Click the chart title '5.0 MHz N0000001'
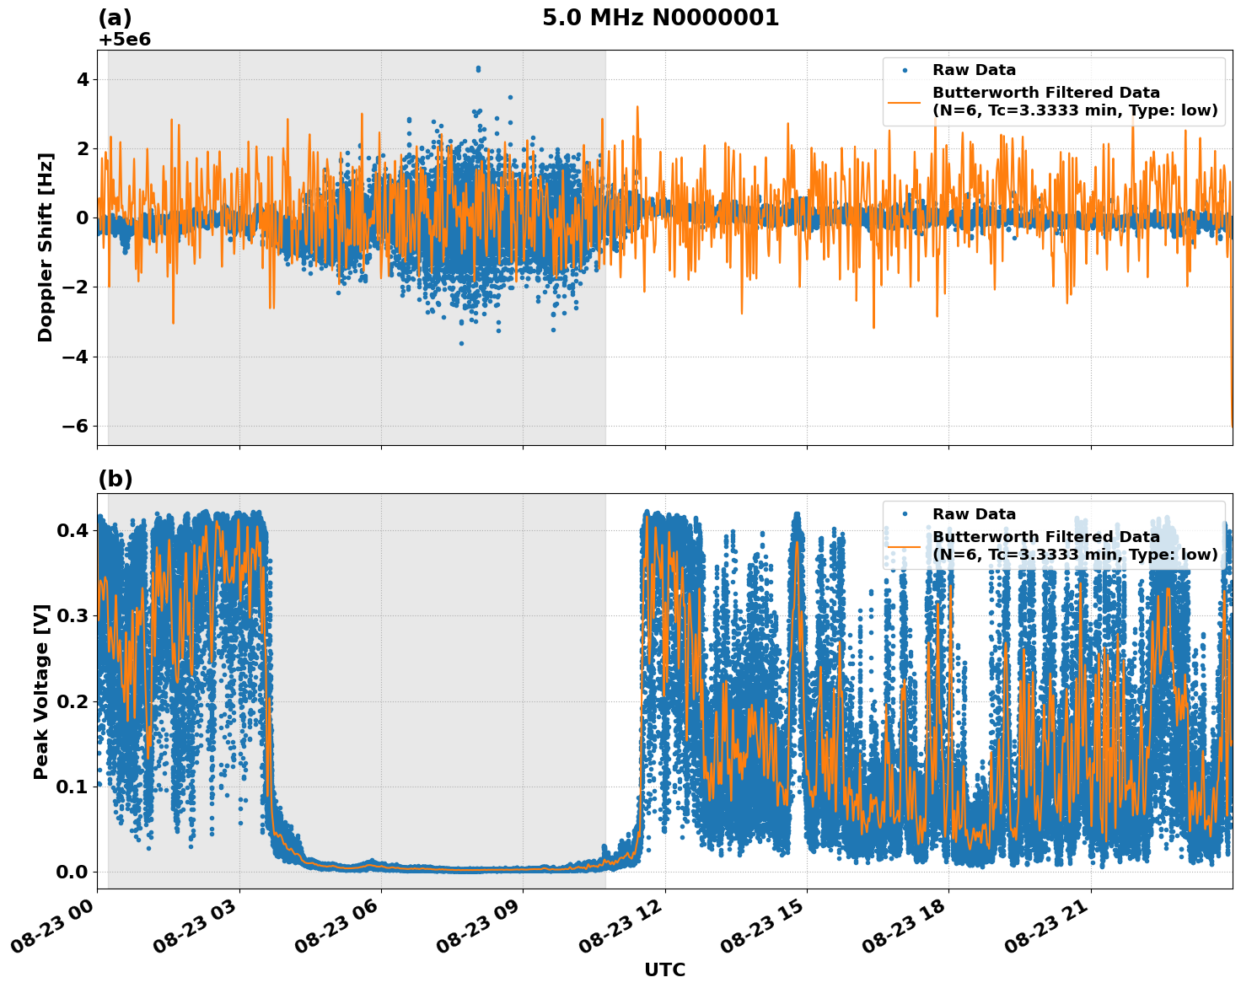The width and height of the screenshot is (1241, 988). coord(660,18)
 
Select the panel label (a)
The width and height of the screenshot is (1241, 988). coord(115,18)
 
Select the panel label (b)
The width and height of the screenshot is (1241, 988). coord(115,479)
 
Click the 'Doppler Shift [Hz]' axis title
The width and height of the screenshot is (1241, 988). coord(46,247)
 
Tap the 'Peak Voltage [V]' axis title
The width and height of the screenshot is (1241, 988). coord(41,691)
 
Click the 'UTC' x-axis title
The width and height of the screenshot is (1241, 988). coord(664,969)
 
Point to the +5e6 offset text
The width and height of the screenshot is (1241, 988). coord(124,40)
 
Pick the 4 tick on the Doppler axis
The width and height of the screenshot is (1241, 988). coord(84,79)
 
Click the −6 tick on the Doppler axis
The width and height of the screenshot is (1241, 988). coord(76,426)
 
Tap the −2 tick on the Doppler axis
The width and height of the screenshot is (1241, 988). coord(76,287)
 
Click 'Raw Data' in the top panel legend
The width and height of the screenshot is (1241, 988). coord(974,71)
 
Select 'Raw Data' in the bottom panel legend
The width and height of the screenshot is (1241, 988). coord(974,514)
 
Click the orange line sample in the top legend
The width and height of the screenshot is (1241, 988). coord(905,102)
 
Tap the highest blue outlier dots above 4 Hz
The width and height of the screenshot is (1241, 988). coord(478,69)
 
